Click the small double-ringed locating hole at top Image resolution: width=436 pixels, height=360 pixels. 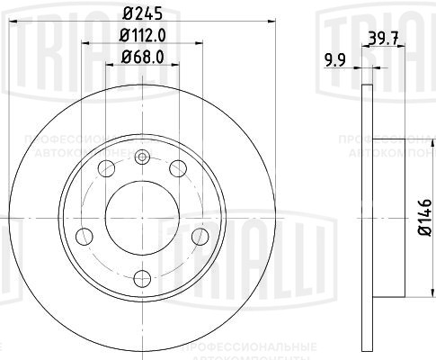tap(141, 158)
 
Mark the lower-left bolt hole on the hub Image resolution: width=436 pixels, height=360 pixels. tap(85, 236)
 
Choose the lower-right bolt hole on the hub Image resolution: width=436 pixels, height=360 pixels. tap(197, 236)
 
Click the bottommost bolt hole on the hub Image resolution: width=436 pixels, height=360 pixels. tap(141, 276)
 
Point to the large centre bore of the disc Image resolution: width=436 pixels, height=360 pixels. tap(141, 216)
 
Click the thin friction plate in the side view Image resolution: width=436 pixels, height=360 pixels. tap(365, 216)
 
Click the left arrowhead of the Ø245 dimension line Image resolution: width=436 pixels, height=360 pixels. tap(12, 27)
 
